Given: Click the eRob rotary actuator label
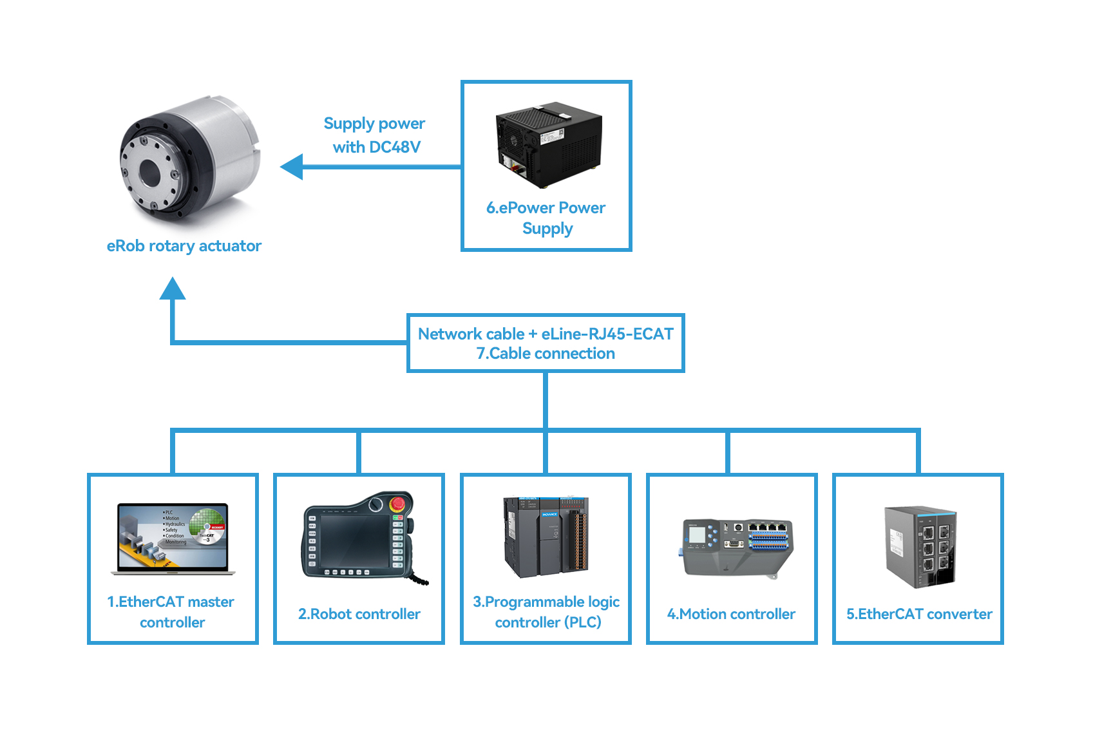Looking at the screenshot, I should [184, 246].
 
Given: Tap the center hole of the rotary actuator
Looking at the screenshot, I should [149, 172].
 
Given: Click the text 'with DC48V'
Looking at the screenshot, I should [376, 148].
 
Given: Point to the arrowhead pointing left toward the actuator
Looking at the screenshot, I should [292, 167].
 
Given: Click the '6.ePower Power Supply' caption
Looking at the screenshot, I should [546, 218].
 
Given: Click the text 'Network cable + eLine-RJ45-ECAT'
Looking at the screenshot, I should [545, 334].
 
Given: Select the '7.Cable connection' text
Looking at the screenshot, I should [545, 354].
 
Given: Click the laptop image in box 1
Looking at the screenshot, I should [173, 539].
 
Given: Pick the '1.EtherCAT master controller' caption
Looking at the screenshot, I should [171, 611].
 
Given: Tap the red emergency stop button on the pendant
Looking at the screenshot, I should [398, 503].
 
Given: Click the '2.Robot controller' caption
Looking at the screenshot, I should [359, 614].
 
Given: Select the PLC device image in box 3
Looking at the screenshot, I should [546, 537].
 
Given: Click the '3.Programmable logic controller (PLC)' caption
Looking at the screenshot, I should [546, 611].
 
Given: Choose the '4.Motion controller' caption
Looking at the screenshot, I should [731, 614].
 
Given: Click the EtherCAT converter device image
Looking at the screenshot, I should [920, 546].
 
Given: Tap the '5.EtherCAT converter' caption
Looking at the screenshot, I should [918, 614].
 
